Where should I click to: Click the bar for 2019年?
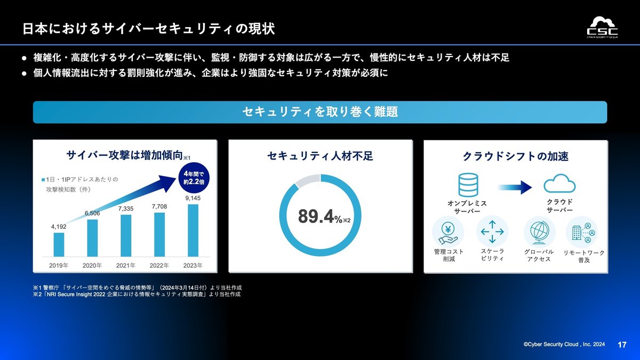click(59, 245)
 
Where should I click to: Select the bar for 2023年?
click(193, 230)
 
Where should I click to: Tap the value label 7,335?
click(126, 209)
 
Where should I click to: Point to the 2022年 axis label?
click(159, 266)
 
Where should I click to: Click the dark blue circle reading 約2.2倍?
click(194, 178)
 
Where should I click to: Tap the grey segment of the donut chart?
click(307, 180)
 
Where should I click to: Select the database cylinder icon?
click(468, 185)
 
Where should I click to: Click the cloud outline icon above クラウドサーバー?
click(559, 183)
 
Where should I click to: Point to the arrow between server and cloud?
click(515, 187)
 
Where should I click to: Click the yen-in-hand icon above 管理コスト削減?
click(448, 231)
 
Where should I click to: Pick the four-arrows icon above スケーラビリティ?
click(492, 231)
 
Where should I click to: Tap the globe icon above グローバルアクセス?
click(539, 232)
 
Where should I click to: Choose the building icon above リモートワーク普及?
click(582, 232)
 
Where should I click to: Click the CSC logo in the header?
click(602, 27)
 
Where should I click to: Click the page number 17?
click(622, 345)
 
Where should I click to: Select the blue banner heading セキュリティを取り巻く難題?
click(320, 112)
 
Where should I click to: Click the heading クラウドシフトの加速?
click(515, 156)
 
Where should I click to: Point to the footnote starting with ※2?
click(137, 294)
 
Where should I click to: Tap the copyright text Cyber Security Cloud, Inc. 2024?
click(564, 345)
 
